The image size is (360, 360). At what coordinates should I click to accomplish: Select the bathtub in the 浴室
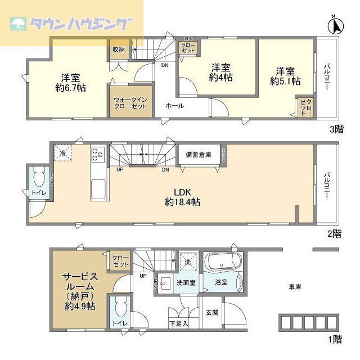coord(224,263)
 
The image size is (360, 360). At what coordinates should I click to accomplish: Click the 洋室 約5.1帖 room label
coord(285,76)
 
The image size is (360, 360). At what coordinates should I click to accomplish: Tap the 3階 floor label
coord(336,129)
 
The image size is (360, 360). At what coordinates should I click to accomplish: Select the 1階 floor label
coord(335,339)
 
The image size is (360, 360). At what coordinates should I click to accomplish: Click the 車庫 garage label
coord(295,287)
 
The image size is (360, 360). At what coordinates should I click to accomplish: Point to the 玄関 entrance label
coord(211,312)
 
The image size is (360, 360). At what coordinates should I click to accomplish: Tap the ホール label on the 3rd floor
coord(174,105)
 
